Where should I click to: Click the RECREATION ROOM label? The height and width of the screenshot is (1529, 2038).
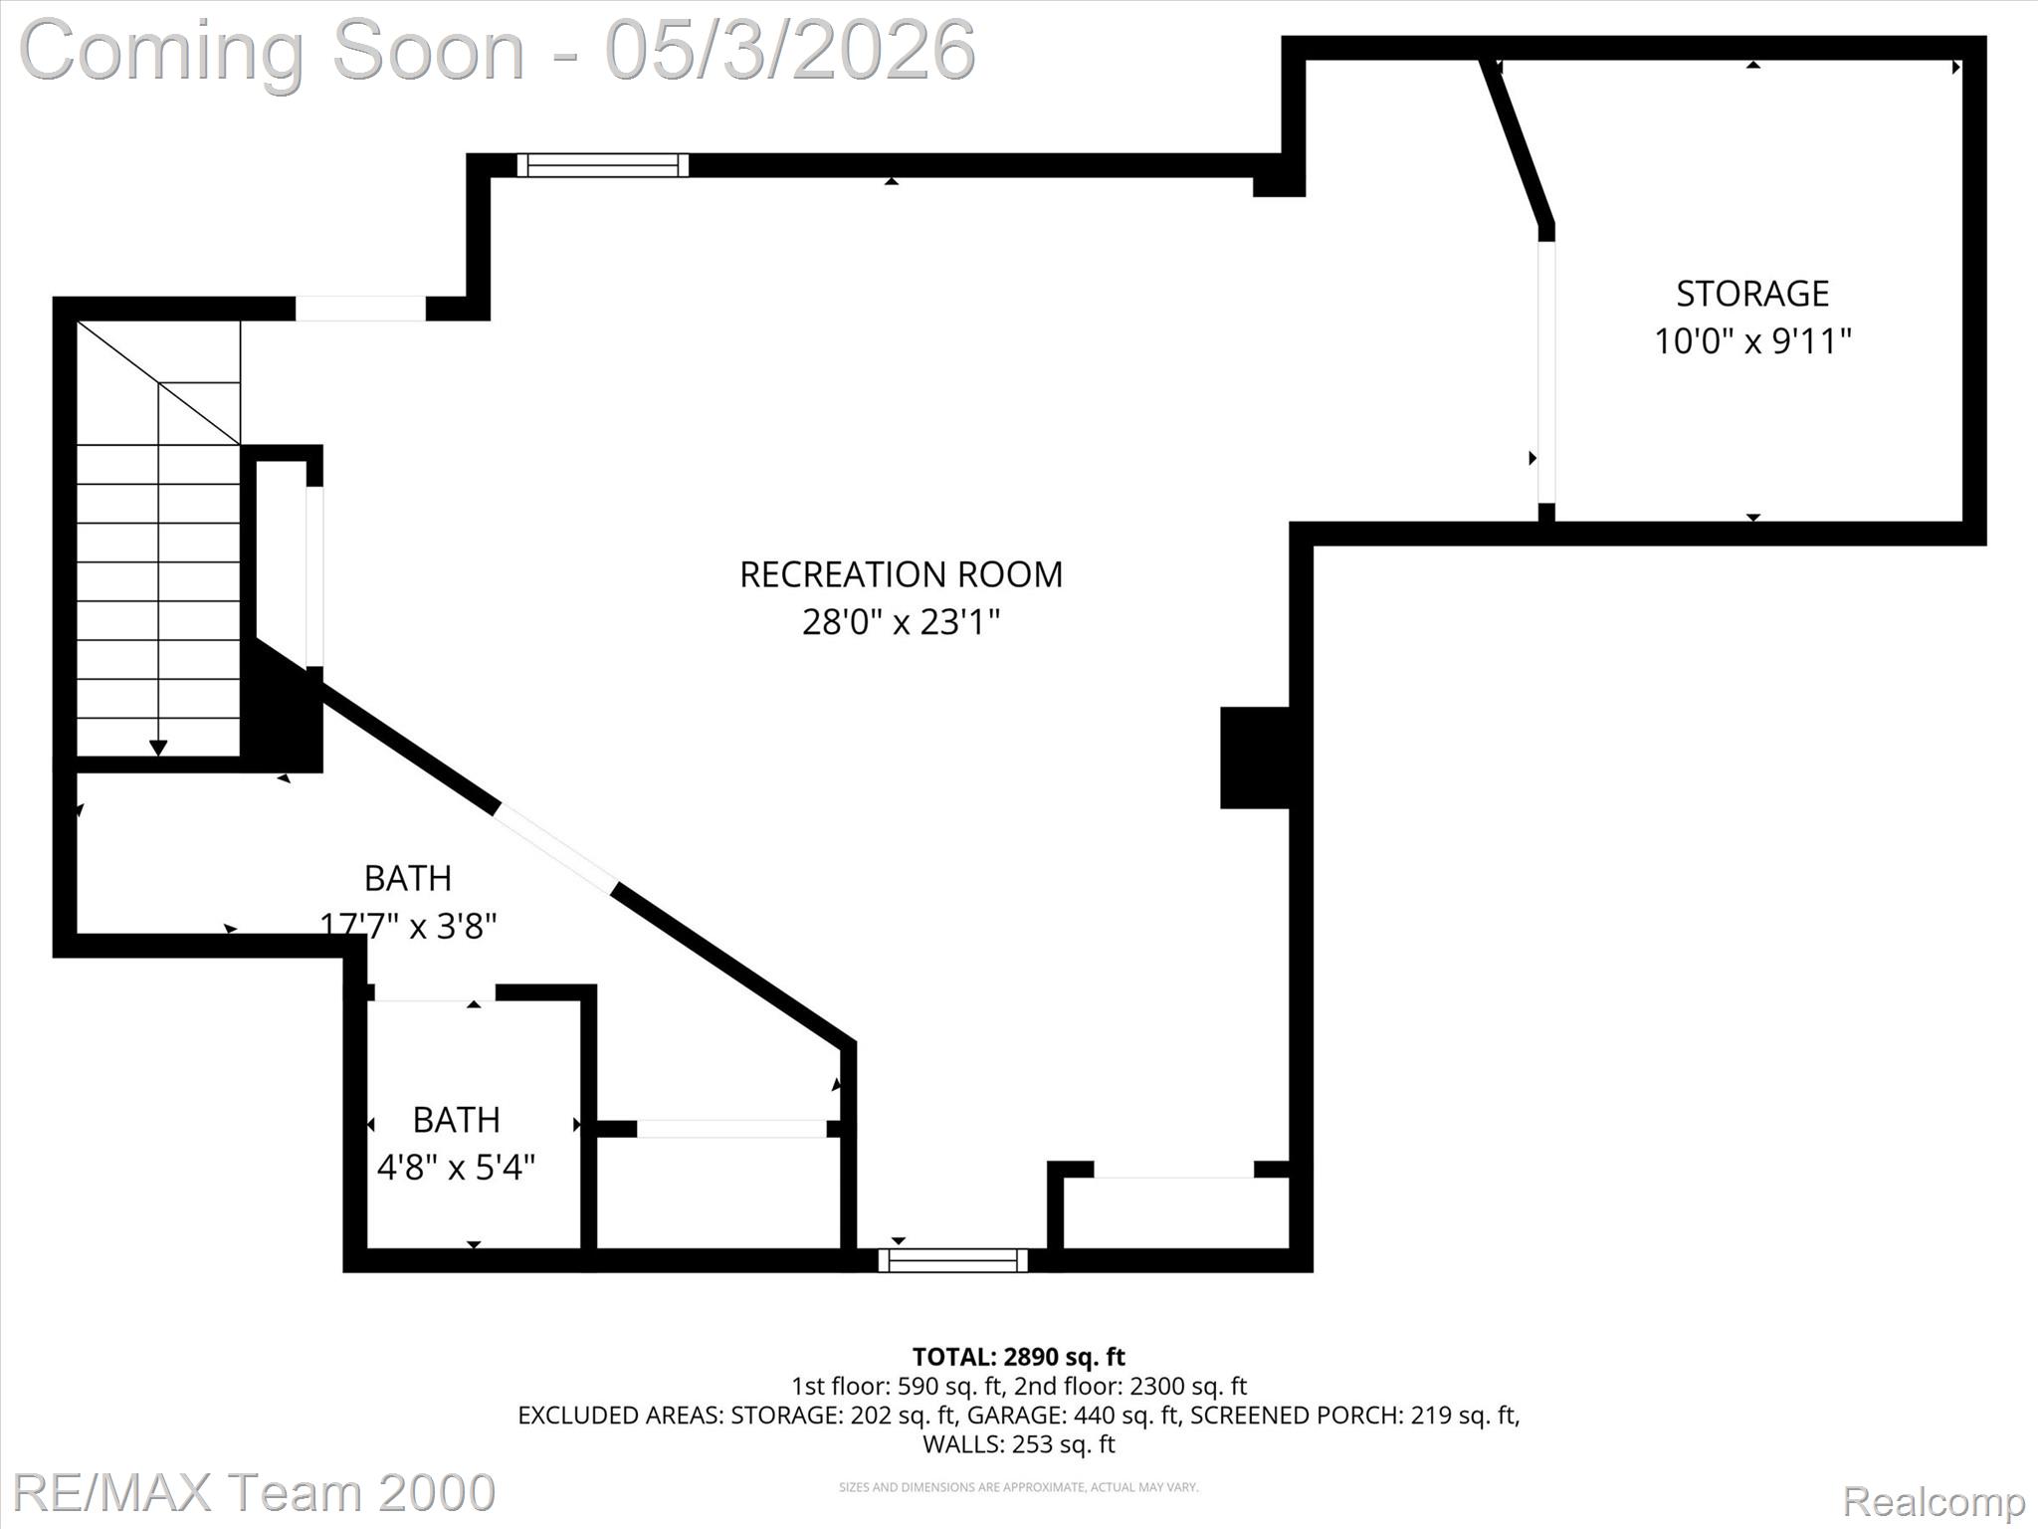pos(901,574)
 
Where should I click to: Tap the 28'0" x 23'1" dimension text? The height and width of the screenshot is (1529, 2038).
pos(901,623)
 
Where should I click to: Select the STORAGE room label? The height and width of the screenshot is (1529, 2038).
pos(1752,294)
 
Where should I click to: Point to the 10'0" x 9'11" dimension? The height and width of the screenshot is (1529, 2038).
pos(1752,341)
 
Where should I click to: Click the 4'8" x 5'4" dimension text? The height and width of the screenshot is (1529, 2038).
pos(456,1167)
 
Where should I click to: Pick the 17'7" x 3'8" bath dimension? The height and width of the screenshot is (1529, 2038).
pos(408,926)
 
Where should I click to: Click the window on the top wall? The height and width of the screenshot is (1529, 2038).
pos(602,165)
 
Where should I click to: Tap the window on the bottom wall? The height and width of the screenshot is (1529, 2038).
pos(953,1260)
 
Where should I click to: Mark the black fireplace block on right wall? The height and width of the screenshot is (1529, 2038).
pos(1256,757)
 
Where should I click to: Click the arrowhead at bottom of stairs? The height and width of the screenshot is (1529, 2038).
pos(158,748)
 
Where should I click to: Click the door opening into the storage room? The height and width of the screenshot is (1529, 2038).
pos(1546,373)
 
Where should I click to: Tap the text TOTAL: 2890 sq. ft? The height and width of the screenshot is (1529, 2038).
pos(1018,1357)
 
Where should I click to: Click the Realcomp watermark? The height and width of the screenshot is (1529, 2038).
pos(1934,1500)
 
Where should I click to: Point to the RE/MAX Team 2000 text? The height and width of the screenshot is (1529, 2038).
pos(254,1492)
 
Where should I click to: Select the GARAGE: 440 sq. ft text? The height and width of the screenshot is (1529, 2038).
pos(1072,1415)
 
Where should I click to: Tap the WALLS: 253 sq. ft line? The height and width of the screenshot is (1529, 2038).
pos(1018,1443)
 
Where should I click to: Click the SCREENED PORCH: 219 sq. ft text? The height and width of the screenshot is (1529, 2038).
pos(1353,1415)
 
